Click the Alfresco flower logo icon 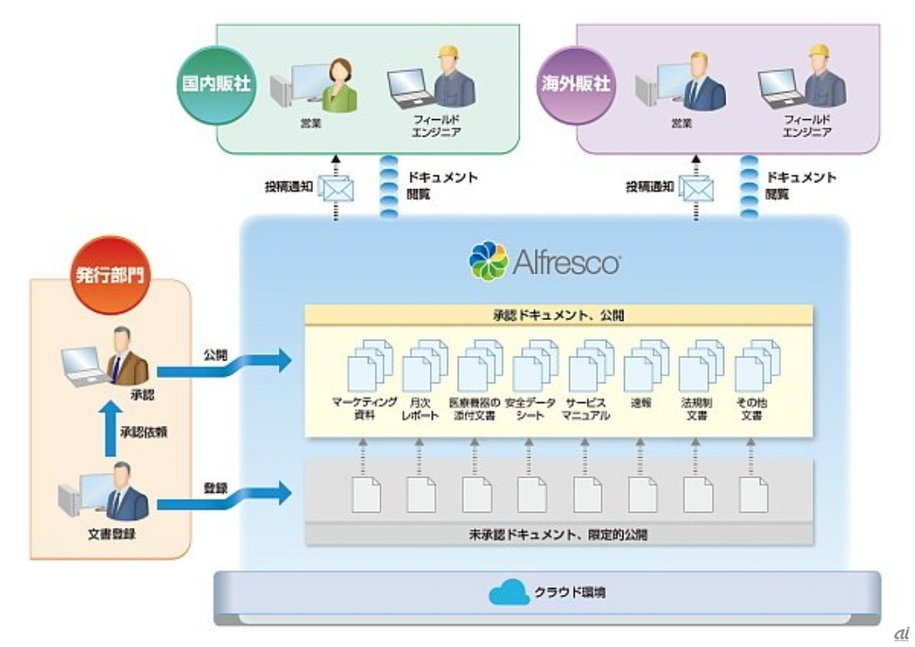pos(488,261)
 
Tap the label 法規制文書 pos(693,408)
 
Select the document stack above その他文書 pos(757,365)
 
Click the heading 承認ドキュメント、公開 pos(558,314)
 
